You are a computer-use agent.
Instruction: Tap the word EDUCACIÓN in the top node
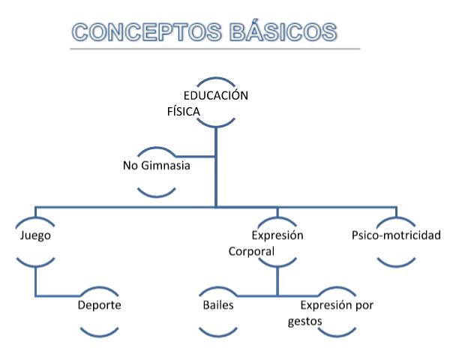click(216, 96)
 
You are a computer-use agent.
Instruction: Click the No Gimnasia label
click(156, 165)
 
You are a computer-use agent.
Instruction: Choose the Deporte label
click(99, 306)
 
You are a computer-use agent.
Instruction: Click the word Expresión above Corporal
click(277, 235)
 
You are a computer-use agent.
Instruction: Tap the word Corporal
click(251, 251)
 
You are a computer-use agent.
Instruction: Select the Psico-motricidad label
click(396, 235)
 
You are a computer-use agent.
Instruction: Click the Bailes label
click(217, 306)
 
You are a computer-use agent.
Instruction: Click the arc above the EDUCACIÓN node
click(217, 79)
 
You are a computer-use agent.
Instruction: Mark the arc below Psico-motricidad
click(397, 264)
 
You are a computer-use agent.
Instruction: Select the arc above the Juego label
click(35, 217)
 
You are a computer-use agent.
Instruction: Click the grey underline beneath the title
click(214, 49)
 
